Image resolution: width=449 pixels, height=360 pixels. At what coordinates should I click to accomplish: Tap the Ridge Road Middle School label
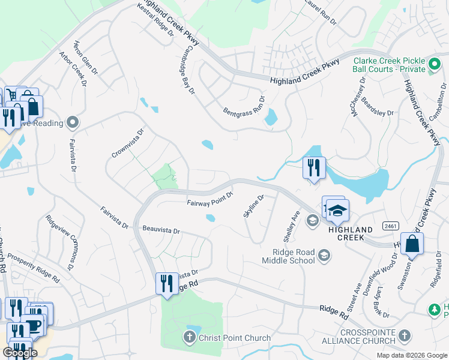pos(288,256)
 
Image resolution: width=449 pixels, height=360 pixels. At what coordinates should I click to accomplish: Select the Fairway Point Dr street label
pos(209,198)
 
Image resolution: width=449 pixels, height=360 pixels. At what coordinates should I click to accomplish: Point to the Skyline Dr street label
pos(253,206)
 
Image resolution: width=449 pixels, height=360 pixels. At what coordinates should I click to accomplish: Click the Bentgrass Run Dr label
pos(244,107)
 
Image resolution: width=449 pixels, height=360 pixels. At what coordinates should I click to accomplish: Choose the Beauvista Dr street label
pos(161,229)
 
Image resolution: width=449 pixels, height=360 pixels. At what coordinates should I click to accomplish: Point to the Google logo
pos(19,352)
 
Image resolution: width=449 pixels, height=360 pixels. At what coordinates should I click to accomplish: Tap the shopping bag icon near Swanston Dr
pos(412,244)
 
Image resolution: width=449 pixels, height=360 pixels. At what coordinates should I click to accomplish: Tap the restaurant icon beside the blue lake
pos(313,168)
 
